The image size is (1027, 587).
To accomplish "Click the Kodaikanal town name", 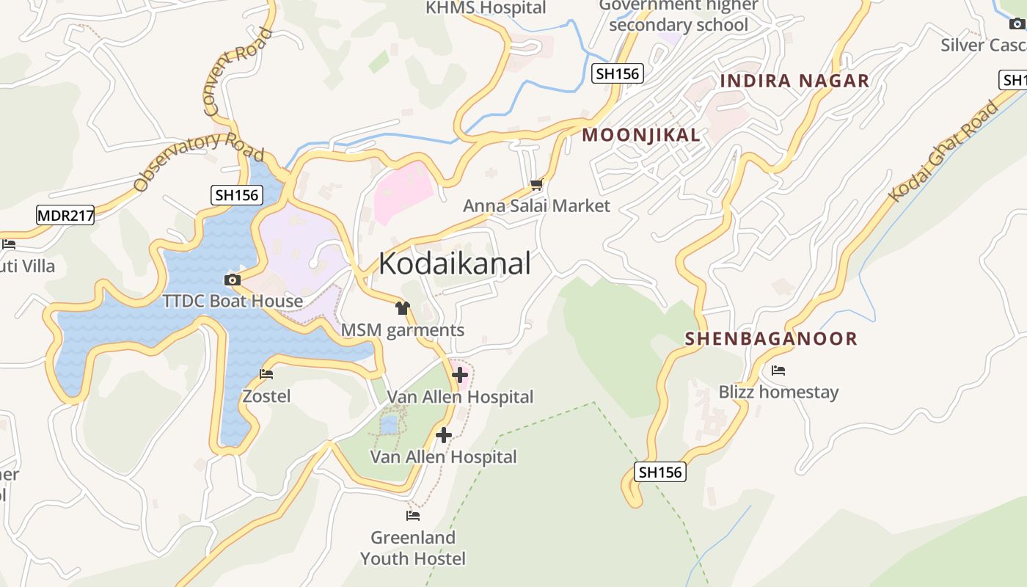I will tap(454, 263).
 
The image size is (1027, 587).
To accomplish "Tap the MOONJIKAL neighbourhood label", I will tap(640, 135).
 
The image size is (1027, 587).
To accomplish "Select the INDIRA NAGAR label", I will tap(794, 81).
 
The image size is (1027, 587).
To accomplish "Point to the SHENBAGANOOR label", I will tap(771, 338).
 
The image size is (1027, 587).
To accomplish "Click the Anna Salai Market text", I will tap(536, 205).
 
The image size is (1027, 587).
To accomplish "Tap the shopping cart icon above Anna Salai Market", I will tap(537, 184).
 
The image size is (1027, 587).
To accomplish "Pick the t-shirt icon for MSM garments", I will tap(402, 308).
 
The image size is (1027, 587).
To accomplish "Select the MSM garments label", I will tap(402, 330).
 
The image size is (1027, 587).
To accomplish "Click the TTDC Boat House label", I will tap(233, 301).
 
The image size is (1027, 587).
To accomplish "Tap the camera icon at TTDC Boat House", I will tap(232, 280).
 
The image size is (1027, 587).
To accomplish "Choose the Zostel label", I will tap(266, 396).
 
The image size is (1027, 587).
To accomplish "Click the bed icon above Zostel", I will tap(266, 374).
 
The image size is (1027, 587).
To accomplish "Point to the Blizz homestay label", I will tap(778, 392).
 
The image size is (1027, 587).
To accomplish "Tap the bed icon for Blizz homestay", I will tap(778, 371).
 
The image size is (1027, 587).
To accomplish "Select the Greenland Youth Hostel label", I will tap(413, 548).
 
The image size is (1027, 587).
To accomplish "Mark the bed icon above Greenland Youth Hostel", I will tap(413, 516).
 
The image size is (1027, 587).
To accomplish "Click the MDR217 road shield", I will tap(65, 215).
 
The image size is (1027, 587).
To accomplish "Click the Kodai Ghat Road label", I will tap(944, 151).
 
